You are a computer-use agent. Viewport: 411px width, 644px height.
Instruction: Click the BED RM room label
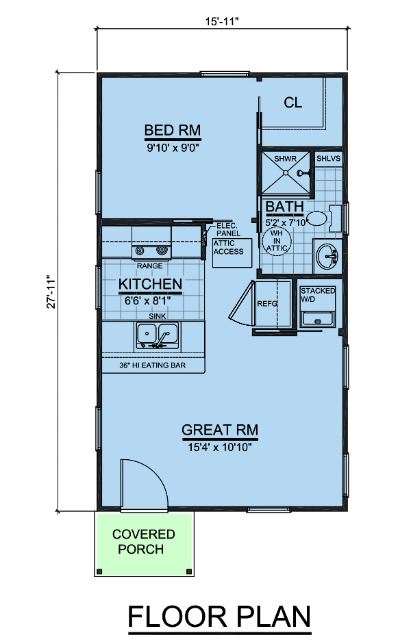coord(172,130)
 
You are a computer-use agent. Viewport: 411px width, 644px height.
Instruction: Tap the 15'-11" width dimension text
coord(222,21)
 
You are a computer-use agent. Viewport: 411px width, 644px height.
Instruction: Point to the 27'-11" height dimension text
coord(51,292)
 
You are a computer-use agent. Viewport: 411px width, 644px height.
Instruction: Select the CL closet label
coord(292,102)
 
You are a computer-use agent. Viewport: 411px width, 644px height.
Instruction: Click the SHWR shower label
coord(285,159)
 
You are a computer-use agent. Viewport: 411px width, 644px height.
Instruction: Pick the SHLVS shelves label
coord(328,158)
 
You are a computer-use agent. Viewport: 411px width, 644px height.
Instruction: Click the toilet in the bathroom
coord(324,218)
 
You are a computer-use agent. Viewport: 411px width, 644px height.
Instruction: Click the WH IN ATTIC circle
coord(277,241)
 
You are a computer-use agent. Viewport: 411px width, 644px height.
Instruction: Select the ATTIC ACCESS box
coord(232,253)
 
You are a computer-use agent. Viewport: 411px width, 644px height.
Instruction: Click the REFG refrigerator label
coord(267,304)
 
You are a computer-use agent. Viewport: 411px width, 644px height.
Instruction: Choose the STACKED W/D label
coord(318,295)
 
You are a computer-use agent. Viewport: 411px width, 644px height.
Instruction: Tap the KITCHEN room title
coord(150,284)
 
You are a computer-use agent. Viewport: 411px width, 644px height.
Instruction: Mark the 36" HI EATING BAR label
coord(153,365)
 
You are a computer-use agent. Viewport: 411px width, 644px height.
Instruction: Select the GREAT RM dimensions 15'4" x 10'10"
coord(219,448)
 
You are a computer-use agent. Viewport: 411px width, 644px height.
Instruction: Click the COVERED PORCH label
coord(143,542)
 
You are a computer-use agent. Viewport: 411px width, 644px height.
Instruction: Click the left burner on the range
coord(140,250)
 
